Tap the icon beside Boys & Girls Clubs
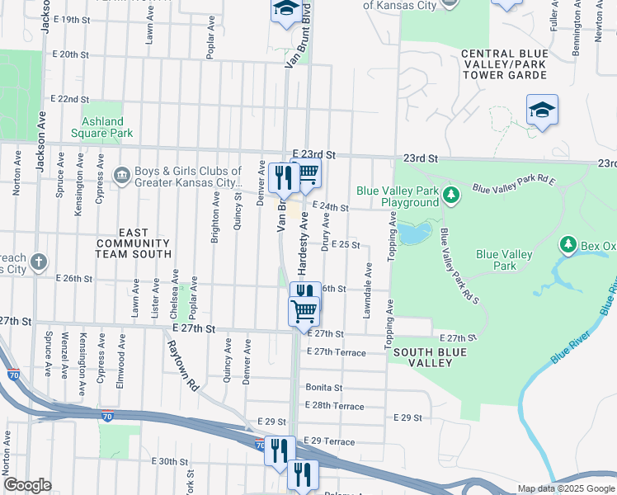click(x=121, y=174)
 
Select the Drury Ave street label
click(x=327, y=232)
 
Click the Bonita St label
click(x=323, y=387)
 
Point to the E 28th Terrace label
click(x=334, y=406)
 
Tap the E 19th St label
click(x=69, y=19)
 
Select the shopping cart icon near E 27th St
click(x=304, y=311)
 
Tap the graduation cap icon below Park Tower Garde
click(x=542, y=110)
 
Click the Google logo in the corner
click(x=27, y=485)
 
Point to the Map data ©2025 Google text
click(x=565, y=488)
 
